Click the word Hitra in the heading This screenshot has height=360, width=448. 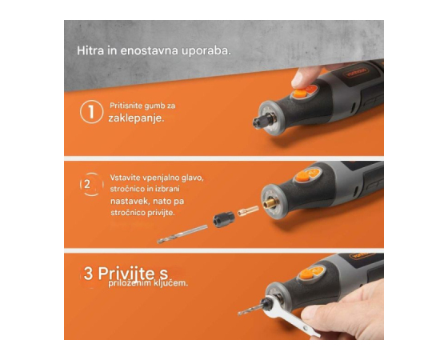[90, 50]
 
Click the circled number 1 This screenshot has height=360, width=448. [91, 112]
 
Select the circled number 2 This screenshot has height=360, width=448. [91, 184]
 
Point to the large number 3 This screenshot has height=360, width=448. [88, 273]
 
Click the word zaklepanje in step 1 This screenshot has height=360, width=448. [136, 118]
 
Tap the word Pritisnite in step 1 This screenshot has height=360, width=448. [126, 106]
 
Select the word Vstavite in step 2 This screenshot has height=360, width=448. [125, 178]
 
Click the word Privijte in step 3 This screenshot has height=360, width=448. [126, 274]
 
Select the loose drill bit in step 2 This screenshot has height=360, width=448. [182, 234]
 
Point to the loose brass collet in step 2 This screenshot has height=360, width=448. [248, 210]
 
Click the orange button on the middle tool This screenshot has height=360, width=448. [302, 176]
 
